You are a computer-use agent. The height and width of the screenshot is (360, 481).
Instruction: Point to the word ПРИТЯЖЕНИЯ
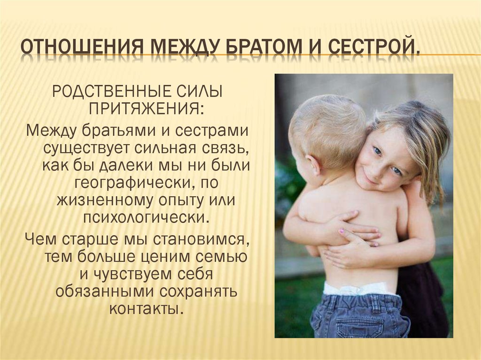click(x=147, y=108)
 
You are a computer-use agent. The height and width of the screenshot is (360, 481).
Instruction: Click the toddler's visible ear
click(x=313, y=164)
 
